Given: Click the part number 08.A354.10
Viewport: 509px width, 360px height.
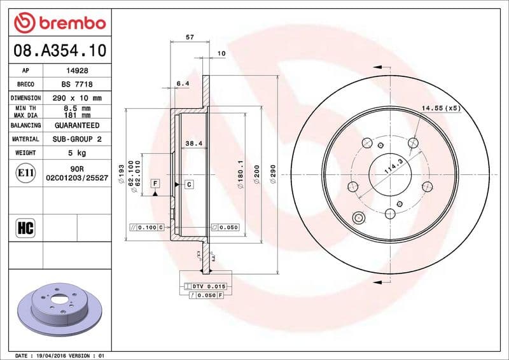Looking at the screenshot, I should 59,49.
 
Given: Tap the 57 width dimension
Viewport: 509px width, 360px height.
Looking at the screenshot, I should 189,38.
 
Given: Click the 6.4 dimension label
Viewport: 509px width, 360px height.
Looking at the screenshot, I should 183,83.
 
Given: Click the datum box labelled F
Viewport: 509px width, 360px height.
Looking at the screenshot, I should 155,183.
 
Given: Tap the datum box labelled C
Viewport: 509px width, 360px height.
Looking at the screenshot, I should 189,184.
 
